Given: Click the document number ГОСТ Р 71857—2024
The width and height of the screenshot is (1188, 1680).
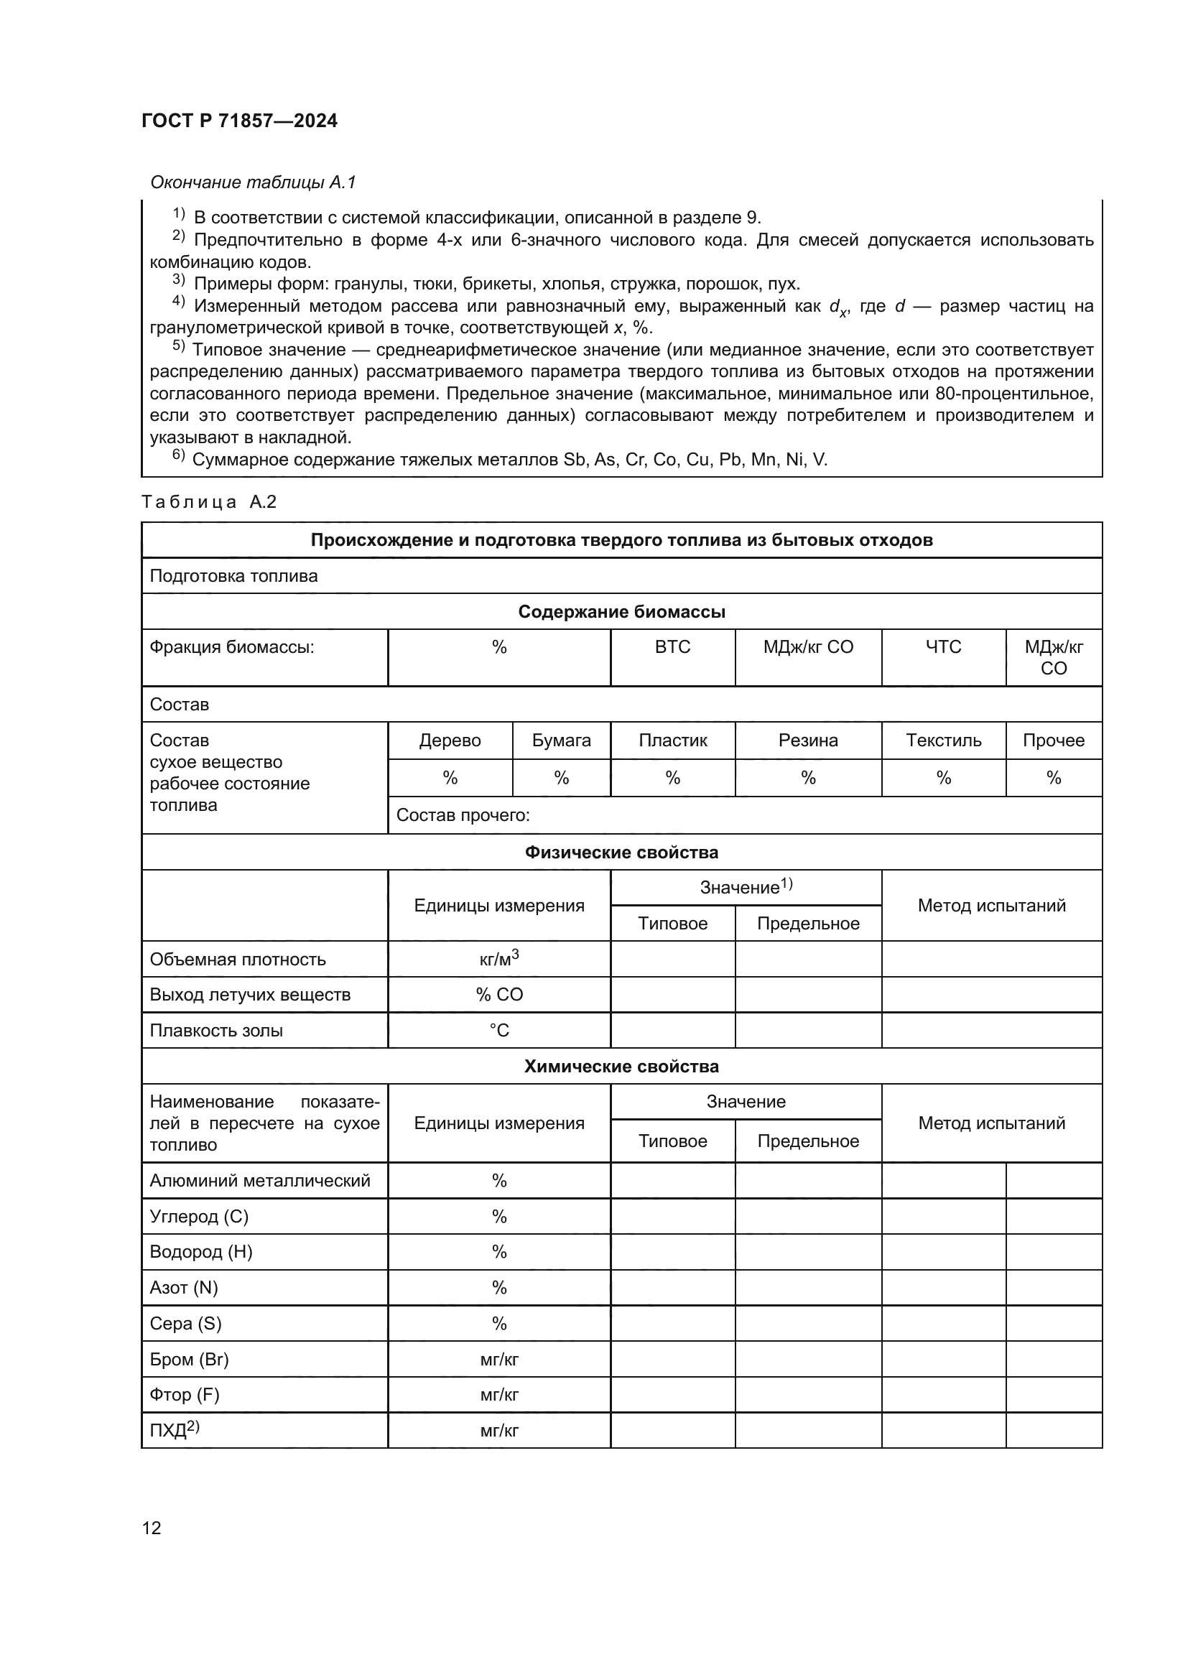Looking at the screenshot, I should (x=239, y=121).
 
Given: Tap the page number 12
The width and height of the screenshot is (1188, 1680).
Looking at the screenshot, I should (x=152, y=1528).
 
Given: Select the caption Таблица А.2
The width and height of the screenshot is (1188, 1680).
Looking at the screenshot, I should (x=209, y=502).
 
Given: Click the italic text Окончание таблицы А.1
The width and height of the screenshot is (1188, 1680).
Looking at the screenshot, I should (x=252, y=182).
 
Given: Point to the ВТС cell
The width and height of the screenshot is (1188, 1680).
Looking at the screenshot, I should (x=672, y=647).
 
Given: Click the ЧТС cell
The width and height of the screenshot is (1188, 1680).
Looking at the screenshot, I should (x=943, y=647).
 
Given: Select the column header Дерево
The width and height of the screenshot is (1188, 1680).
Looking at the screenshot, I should (x=450, y=741).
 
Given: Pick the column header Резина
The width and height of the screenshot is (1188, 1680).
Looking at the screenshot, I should (x=807, y=741).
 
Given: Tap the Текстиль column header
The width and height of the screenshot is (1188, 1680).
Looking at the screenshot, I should (x=943, y=741).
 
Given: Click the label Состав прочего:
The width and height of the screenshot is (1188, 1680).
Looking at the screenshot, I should (x=463, y=815).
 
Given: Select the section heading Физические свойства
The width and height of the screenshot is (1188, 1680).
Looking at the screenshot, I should (x=621, y=853).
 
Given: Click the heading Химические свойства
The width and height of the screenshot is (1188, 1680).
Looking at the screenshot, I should (x=621, y=1067).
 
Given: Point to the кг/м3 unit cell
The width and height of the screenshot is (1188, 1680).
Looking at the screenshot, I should (x=499, y=959).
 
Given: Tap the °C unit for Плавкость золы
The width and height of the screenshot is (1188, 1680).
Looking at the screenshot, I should (x=499, y=1030).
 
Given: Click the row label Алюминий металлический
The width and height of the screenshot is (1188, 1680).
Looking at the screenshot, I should (x=260, y=1181).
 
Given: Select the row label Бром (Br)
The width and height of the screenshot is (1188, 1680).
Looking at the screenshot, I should (x=190, y=1360).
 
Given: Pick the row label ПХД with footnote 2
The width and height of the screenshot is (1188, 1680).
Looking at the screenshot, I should (x=174, y=1431).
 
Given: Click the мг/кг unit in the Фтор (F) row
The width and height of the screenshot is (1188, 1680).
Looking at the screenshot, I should (x=499, y=1395).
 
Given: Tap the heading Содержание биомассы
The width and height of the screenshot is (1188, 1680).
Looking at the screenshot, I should (x=621, y=612).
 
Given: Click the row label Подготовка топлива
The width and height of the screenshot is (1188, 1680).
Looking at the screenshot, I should (x=233, y=576).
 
